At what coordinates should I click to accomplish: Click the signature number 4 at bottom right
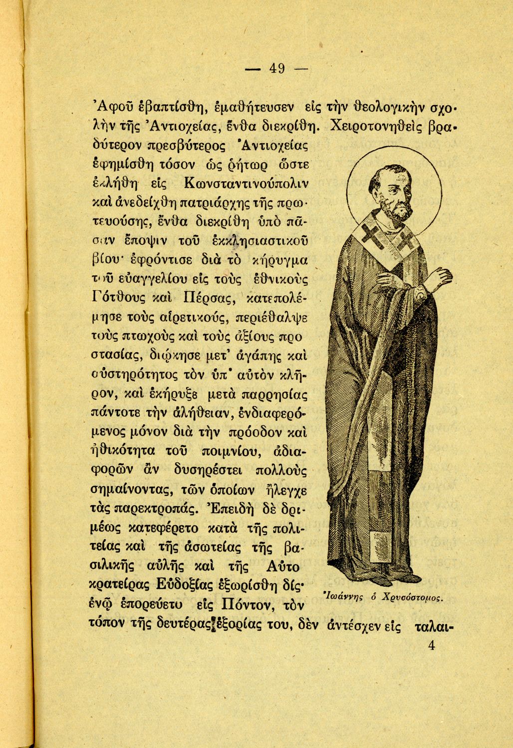[432, 645]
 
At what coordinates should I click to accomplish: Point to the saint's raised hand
[440, 277]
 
